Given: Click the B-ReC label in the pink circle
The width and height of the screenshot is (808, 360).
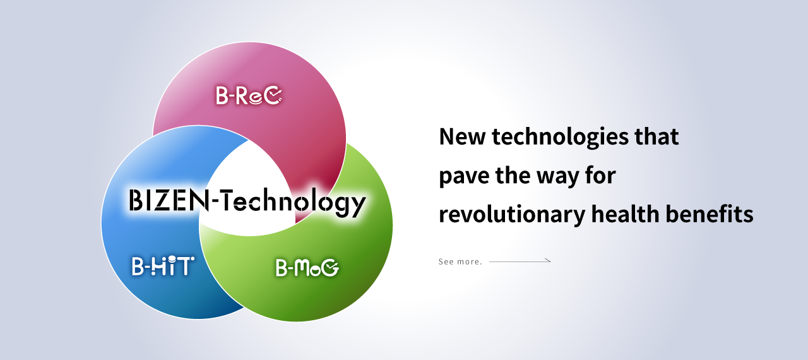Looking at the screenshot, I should [249, 96].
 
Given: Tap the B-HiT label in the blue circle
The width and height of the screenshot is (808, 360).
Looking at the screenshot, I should [163, 266].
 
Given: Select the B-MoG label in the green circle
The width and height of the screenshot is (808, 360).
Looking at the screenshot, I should [307, 268].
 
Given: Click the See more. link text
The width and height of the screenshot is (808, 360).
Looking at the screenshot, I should [460, 261].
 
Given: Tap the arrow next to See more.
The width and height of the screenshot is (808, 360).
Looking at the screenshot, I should [520, 260].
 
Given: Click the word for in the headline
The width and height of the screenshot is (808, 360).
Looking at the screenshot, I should [600, 176].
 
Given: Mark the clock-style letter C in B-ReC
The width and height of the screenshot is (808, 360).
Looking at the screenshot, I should [273, 96].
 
